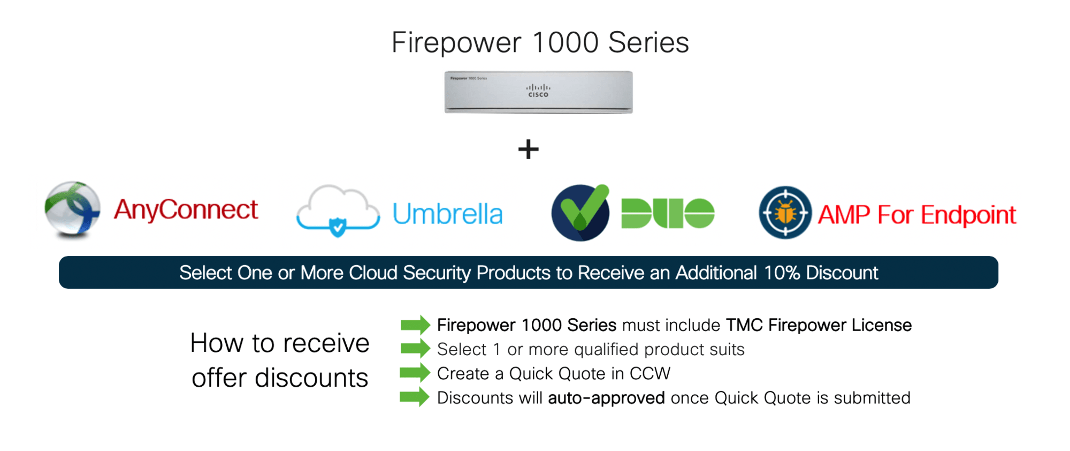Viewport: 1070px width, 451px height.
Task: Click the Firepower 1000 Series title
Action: (x=540, y=43)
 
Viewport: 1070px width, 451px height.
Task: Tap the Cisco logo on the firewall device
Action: (x=538, y=91)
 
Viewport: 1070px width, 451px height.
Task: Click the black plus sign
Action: (x=529, y=149)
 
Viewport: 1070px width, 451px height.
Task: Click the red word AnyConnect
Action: (x=186, y=209)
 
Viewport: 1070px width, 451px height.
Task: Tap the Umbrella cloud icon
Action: (x=338, y=211)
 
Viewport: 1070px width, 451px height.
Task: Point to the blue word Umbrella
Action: (x=448, y=214)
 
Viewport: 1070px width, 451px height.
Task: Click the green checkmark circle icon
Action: (x=580, y=213)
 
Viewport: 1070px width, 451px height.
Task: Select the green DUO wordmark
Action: (x=668, y=213)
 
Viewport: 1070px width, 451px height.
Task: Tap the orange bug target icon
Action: (x=785, y=213)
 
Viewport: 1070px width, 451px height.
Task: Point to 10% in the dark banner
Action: (x=782, y=273)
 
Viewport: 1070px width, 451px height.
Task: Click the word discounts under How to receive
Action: (x=311, y=378)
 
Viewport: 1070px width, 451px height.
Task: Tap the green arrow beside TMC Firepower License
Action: (x=416, y=325)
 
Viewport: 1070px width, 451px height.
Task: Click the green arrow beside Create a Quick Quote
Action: (x=415, y=373)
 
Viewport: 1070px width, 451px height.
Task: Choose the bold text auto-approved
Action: (x=607, y=398)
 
